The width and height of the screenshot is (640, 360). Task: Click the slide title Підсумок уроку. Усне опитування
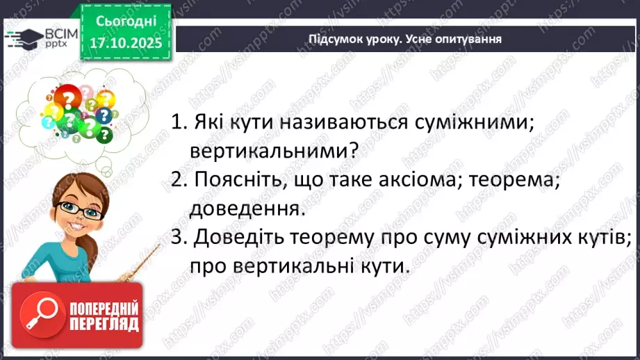pos(405,39)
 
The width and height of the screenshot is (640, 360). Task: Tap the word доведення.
pos(247,207)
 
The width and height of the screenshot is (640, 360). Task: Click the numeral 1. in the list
pos(179,122)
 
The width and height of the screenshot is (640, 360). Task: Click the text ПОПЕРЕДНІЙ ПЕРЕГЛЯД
pos(104,316)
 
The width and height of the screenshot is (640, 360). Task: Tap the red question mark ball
pos(67,101)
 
